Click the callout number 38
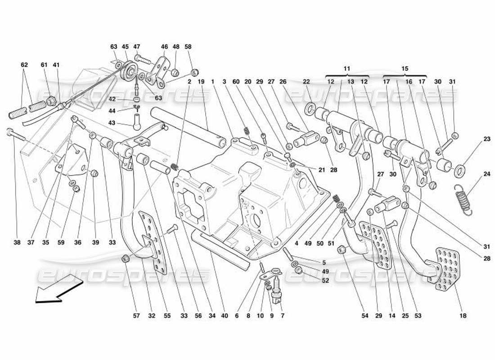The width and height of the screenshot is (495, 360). pyautogui.click(x=17, y=243)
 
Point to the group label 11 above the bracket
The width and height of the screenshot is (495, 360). pyautogui.click(x=346, y=68)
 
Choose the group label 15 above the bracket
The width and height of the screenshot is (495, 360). pyautogui.click(x=405, y=68)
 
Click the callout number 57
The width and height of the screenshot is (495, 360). pyautogui.click(x=136, y=316)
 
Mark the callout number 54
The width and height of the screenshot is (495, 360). pyautogui.click(x=364, y=316)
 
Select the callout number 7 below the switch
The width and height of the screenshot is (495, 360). pyautogui.click(x=282, y=316)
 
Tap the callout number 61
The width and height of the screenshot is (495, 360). pyautogui.click(x=44, y=65)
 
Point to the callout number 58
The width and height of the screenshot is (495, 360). pyautogui.click(x=188, y=46)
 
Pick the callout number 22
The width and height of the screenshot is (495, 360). pyautogui.click(x=306, y=81)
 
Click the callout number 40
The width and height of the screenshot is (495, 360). pyautogui.click(x=225, y=316)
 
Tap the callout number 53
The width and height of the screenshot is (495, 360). pyautogui.click(x=418, y=316)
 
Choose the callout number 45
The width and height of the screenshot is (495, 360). pyautogui.click(x=125, y=46)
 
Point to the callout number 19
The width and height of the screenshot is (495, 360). pyautogui.click(x=201, y=81)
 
